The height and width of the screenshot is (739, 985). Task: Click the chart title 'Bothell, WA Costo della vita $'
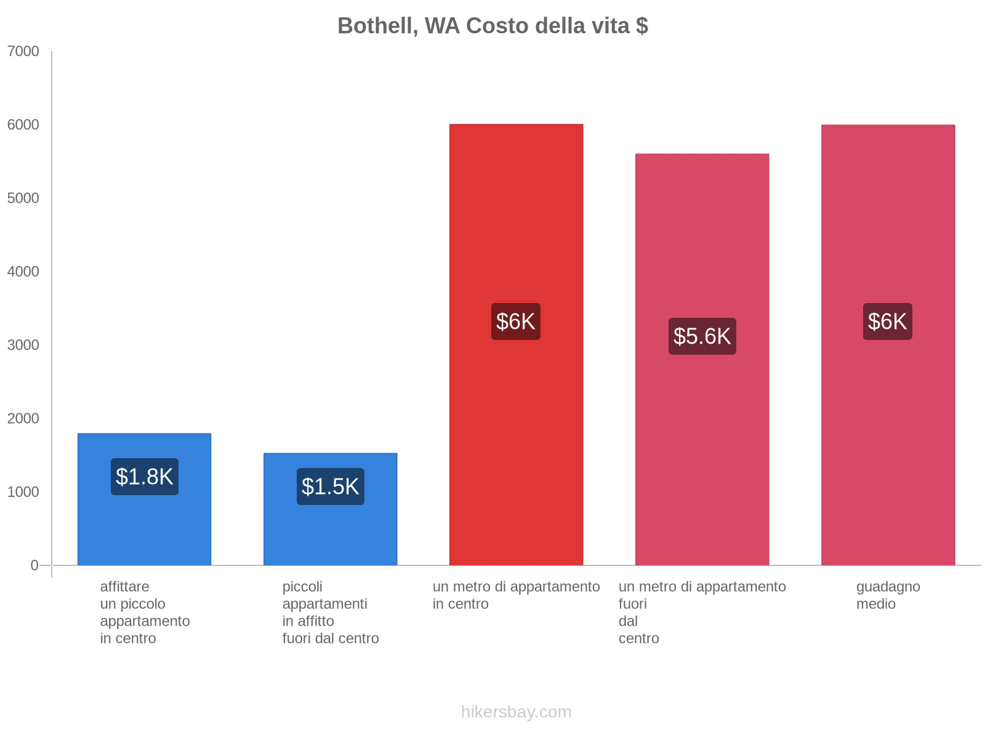pyautogui.click(x=492, y=26)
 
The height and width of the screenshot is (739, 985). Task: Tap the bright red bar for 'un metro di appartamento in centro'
pyautogui.click(x=516, y=431)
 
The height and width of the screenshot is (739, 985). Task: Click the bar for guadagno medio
pyautogui.click(x=888, y=431)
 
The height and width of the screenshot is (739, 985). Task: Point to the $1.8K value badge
pyautogui.click(x=145, y=477)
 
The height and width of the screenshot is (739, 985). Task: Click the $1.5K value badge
pyautogui.click(x=331, y=487)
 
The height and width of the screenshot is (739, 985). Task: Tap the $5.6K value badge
pyautogui.click(x=702, y=336)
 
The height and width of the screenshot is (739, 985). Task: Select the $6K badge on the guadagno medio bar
pyautogui.click(x=887, y=321)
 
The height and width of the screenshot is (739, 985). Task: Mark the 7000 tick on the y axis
pyautogui.click(x=23, y=51)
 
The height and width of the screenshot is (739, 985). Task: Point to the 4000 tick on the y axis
pyautogui.click(x=23, y=272)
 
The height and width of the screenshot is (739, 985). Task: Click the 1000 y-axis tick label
pyautogui.click(x=23, y=492)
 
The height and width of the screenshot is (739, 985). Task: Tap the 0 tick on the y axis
pyautogui.click(x=34, y=565)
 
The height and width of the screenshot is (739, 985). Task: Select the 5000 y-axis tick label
pyautogui.click(x=23, y=198)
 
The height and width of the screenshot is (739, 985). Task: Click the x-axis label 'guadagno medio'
pyautogui.click(x=888, y=595)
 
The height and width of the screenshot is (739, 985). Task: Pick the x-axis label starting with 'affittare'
pyautogui.click(x=145, y=612)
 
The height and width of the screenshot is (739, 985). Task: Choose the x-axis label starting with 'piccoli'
pyautogui.click(x=331, y=612)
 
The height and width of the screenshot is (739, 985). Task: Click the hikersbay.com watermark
pyautogui.click(x=516, y=712)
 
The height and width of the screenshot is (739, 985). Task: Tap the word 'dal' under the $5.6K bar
pyautogui.click(x=628, y=621)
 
